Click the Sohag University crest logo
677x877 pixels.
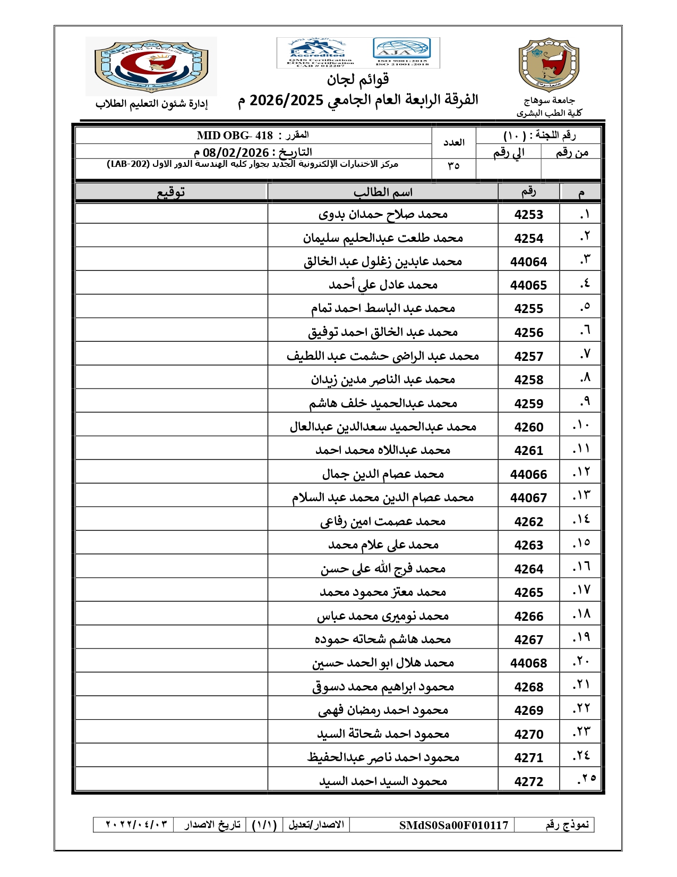click(x=549, y=65)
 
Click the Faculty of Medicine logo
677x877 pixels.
click(x=151, y=66)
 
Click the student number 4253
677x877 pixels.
click(x=528, y=215)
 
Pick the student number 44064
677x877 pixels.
click(x=528, y=262)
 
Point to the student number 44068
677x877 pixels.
click(x=528, y=663)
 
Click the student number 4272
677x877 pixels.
click(x=528, y=782)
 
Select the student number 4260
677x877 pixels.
click(x=528, y=427)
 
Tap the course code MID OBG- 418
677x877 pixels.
click(x=235, y=136)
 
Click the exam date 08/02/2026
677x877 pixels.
click(x=236, y=153)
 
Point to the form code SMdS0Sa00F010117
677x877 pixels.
click(x=453, y=825)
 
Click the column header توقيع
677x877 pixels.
click(x=170, y=192)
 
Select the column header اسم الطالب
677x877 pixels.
click(x=383, y=192)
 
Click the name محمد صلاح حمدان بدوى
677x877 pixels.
click(x=383, y=215)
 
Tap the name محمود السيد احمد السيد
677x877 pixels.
click(x=383, y=782)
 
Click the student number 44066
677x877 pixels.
click(x=528, y=475)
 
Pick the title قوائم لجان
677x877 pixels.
click(x=358, y=80)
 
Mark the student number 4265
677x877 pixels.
click(x=528, y=593)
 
